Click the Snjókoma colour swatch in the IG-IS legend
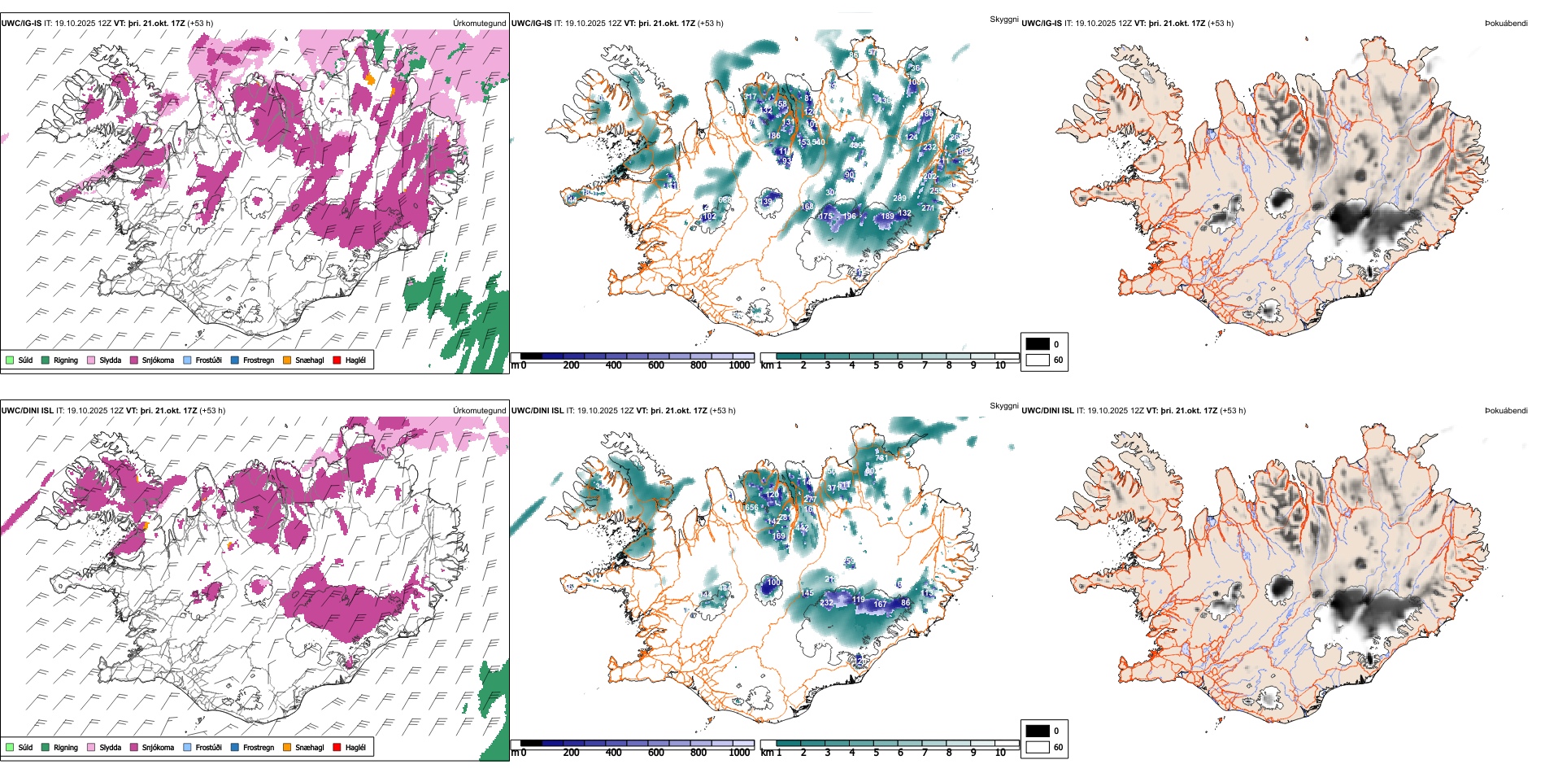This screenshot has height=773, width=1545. point(134,360)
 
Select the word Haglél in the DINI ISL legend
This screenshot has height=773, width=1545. point(355,747)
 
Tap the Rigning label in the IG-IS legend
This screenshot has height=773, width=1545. point(66,360)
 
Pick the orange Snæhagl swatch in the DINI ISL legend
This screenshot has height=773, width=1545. point(287,747)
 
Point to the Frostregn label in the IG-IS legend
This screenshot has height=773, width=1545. point(259,360)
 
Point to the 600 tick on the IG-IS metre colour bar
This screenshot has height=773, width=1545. point(656,365)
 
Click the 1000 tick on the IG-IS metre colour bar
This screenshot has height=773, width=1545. point(739,365)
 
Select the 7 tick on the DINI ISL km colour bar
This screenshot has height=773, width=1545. point(925,753)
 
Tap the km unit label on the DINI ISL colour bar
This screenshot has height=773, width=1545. point(767,753)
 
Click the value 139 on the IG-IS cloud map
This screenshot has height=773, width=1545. point(766,202)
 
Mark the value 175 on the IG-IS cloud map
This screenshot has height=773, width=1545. point(825,216)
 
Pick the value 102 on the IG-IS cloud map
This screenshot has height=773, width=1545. point(709,216)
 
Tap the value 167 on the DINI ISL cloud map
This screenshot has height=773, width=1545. point(880,604)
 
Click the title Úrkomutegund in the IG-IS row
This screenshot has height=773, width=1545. point(479,24)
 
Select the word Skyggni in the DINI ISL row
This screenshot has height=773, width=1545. point(1003,406)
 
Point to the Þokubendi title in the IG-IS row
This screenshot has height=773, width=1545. point(1506,24)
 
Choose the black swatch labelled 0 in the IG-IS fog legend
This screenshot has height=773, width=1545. point(1038,344)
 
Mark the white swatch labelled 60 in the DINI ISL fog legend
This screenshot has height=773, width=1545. point(1038,747)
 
